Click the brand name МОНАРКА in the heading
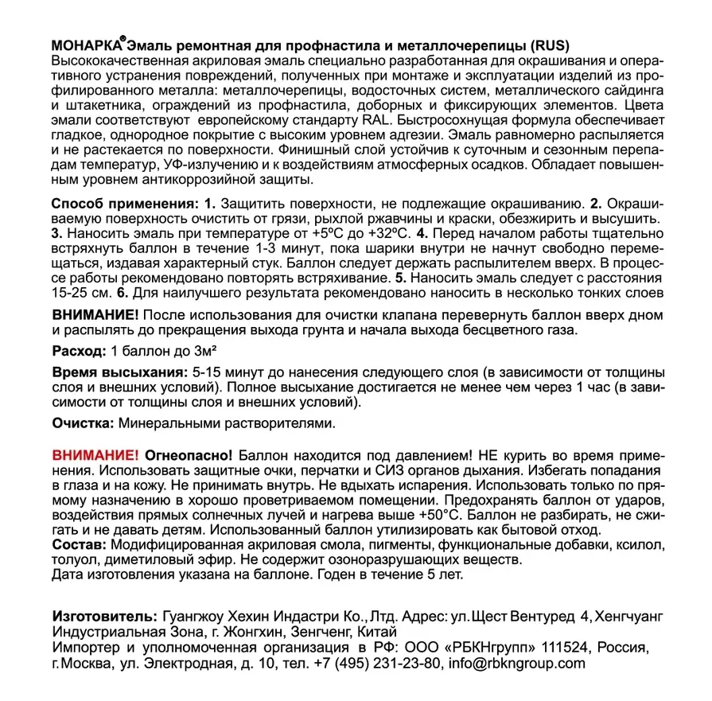tap(87, 45)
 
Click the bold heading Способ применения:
tap(123, 204)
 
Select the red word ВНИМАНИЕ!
tap(95, 455)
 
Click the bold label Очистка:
tap(83, 424)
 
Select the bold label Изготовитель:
tap(103, 617)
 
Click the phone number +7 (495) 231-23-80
tap(376, 664)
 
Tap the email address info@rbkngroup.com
tap(516, 664)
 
